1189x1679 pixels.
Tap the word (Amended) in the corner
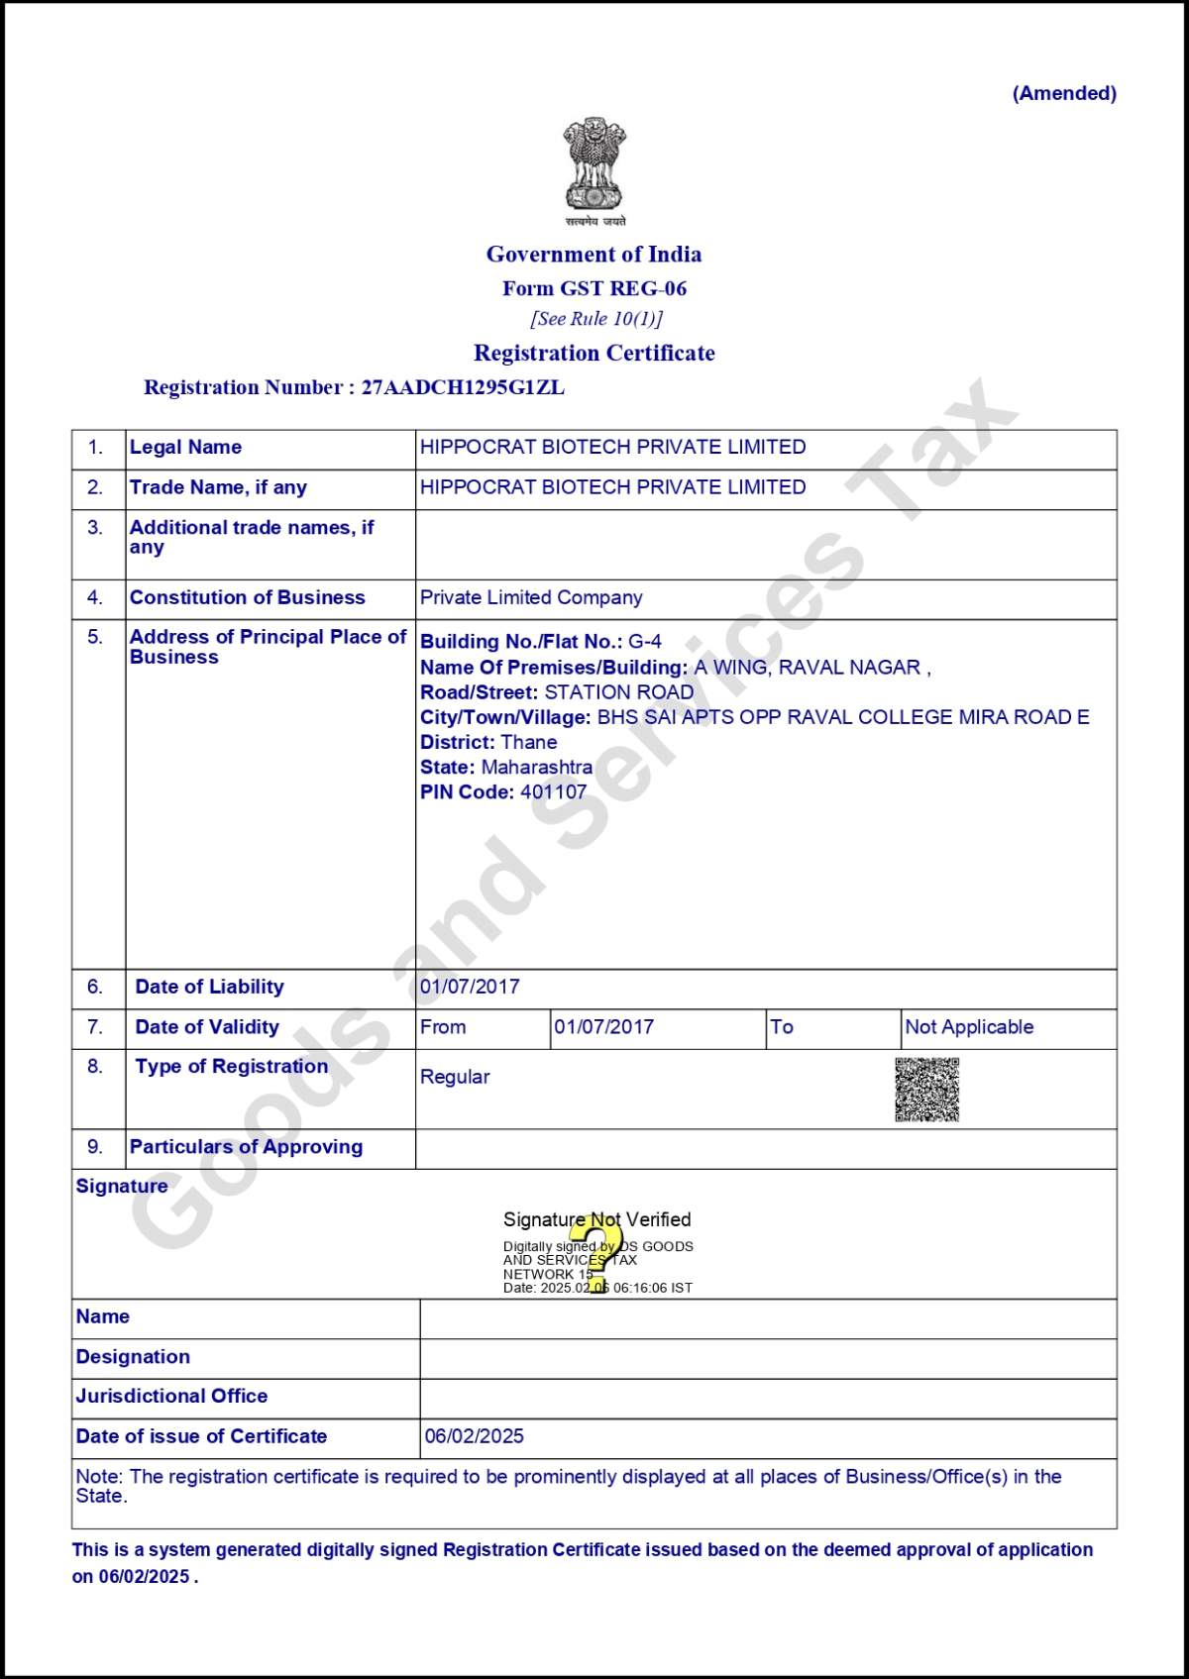[1064, 93]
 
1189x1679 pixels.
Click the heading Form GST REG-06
[594, 288]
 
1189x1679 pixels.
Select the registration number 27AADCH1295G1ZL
[463, 387]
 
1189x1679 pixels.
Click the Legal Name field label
[185, 447]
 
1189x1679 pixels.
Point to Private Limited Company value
[531, 597]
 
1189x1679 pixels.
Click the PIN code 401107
[554, 791]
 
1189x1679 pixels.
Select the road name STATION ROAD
[619, 692]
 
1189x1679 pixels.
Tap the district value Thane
[529, 742]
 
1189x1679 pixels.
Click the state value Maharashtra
[537, 767]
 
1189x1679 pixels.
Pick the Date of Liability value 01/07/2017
[470, 987]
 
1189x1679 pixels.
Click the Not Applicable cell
[969, 1027]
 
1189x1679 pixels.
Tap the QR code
[927, 1090]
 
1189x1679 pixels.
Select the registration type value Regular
[455, 1077]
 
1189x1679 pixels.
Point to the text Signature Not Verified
[596, 1219]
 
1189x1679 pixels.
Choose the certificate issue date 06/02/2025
[475, 1436]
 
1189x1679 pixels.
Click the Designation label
[133, 1357]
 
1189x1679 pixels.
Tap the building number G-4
[645, 642]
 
